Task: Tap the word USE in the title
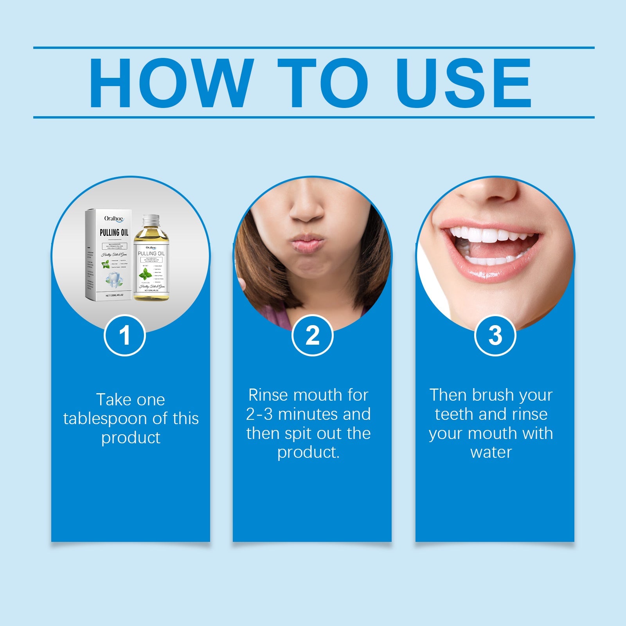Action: click(463, 83)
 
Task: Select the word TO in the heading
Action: click(322, 83)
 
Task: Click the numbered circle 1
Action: click(124, 336)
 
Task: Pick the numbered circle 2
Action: click(312, 336)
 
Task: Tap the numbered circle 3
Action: click(495, 336)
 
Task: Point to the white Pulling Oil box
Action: click(107, 254)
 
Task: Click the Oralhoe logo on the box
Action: click(114, 219)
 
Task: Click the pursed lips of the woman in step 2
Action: click(308, 243)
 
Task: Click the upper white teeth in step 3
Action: click(489, 236)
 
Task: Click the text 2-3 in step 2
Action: click(259, 414)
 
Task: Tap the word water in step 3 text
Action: click(491, 452)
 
